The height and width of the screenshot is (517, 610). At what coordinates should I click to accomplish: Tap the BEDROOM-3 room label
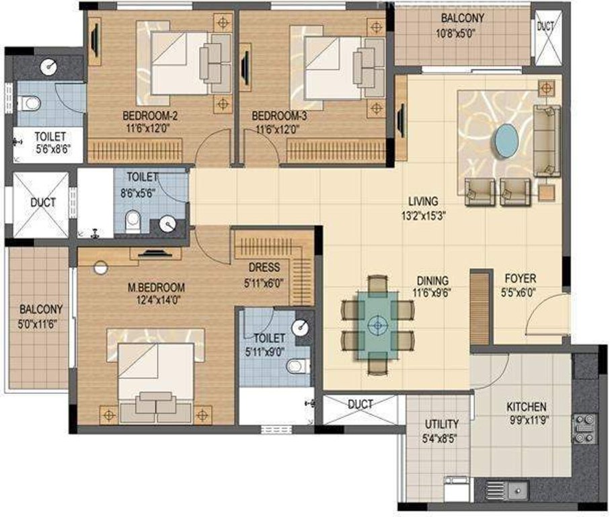pyautogui.click(x=280, y=115)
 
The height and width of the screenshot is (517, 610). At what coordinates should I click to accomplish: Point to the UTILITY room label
pyautogui.click(x=442, y=424)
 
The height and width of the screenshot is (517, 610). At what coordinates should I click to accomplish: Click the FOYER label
pyautogui.click(x=521, y=277)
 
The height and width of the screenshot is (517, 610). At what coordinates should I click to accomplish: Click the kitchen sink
pyautogui.click(x=516, y=490)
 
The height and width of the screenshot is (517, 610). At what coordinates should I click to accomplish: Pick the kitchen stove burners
pyautogui.click(x=583, y=428)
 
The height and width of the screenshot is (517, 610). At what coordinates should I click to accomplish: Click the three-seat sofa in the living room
pyautogui.click(x=546, y=141)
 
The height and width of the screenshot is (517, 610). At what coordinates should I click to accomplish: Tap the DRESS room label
pyautogui.click(x=264, y=268)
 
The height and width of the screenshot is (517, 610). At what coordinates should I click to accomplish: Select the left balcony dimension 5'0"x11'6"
pyautogui.click(x=41, y=322)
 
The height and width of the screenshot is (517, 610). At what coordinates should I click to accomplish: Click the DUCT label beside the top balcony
pyautogui.click(x=545, y=27)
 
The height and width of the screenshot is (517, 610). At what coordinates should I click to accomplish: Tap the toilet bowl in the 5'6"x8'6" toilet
pyautogui.click(x=29, y=103)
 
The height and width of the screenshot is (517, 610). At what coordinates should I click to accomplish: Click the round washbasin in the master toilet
pyautogui.click(x=303, y=327)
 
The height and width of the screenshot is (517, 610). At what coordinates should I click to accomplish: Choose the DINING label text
pyautogui.click(x=432, y=281)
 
